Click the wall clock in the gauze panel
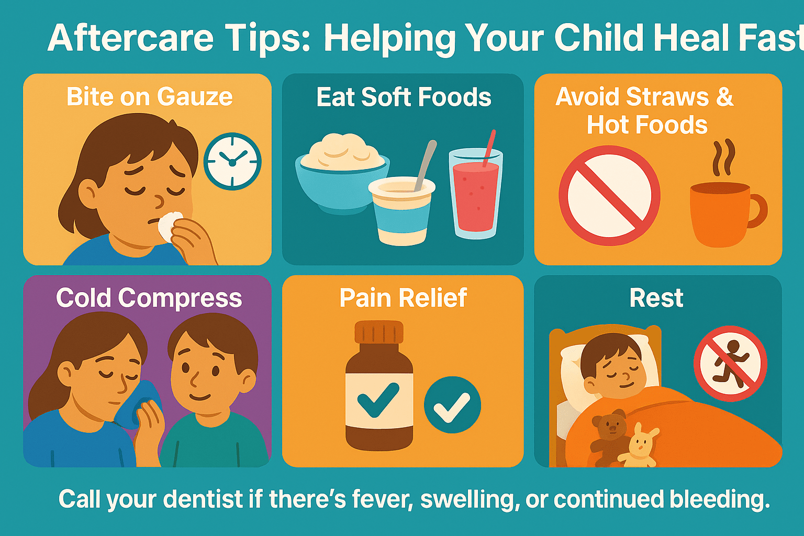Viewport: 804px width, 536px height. tap(232, 162)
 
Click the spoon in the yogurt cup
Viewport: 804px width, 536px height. tap(426, 165)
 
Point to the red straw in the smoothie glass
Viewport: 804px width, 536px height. tap(489, 148)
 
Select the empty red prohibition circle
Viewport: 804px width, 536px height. tap(609, 196)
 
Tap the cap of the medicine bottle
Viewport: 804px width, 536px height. tap(379, 332)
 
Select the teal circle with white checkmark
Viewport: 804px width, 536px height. tap(452, 405)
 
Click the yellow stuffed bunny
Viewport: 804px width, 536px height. tap(639, 447)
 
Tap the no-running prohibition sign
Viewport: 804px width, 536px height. tap(730, 363)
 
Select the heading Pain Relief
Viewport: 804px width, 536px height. tap(403, 298)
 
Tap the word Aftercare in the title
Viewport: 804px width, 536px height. tap(130, 38)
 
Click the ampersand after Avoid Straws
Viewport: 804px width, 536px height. tap(724, 96)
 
